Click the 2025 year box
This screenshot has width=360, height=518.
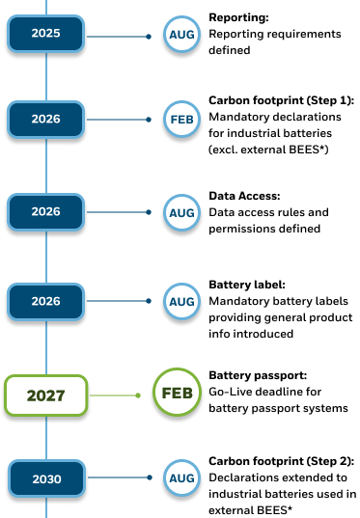(x=45, y=34)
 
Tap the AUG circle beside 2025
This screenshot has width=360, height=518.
(x=181, y=36)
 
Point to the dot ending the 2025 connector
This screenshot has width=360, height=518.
(x=149, y=37)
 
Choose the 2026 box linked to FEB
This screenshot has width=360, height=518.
(x=45, y=120)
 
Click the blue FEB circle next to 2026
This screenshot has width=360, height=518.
(x=181, y=120)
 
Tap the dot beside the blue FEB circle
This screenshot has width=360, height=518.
(x=149, y=120)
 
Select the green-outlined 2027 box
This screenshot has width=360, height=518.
(x=45, y=395)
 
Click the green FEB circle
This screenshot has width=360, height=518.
(x=178, y=394)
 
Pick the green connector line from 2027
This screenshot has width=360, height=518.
(x=114, y=395)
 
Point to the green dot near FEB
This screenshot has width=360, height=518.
(x=138, y=395)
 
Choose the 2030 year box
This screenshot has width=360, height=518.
(x=45, y=478)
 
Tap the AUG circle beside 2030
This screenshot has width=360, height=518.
(x=181, y=477)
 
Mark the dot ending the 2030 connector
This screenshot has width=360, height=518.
(x=149, y=477)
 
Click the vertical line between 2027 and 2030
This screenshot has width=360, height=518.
(x=45, y=438)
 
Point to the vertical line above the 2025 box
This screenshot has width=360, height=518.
(x=45, y=7)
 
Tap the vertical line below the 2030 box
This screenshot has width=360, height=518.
(x=45, y=508)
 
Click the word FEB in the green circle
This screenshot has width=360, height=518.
(x=178, y=394)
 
